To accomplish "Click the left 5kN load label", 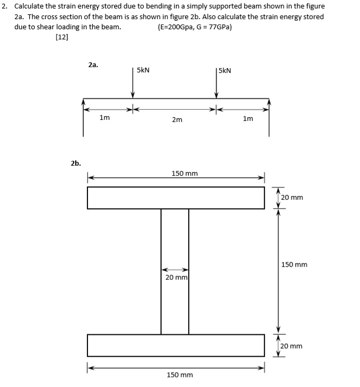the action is pyautogui.click(x=143, y=70).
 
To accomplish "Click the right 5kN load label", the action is pyautogui.click(x=225, y=70).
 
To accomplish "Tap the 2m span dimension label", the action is pyautogui.click(x=177, y=120).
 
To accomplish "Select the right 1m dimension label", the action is pyautogui.click(x=248, y=118).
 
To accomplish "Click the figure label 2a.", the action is pyautogui.click(x=93, y=64).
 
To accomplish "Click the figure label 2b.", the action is pyautogui.click(x=76, y=163).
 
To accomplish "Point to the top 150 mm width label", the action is pyautogui.click(x=185, y=174).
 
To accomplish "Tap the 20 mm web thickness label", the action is pyautogui.click(x=175, y=278).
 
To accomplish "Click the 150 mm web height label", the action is pyautogui.click(x=294, y=265).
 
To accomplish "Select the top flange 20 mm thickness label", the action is pyautogui.click(x=292, y=198).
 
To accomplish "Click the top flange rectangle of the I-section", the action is pyautogui.click(x=176, y=198).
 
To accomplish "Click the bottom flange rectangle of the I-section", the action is pyautogui.click(x=176, y=345).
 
